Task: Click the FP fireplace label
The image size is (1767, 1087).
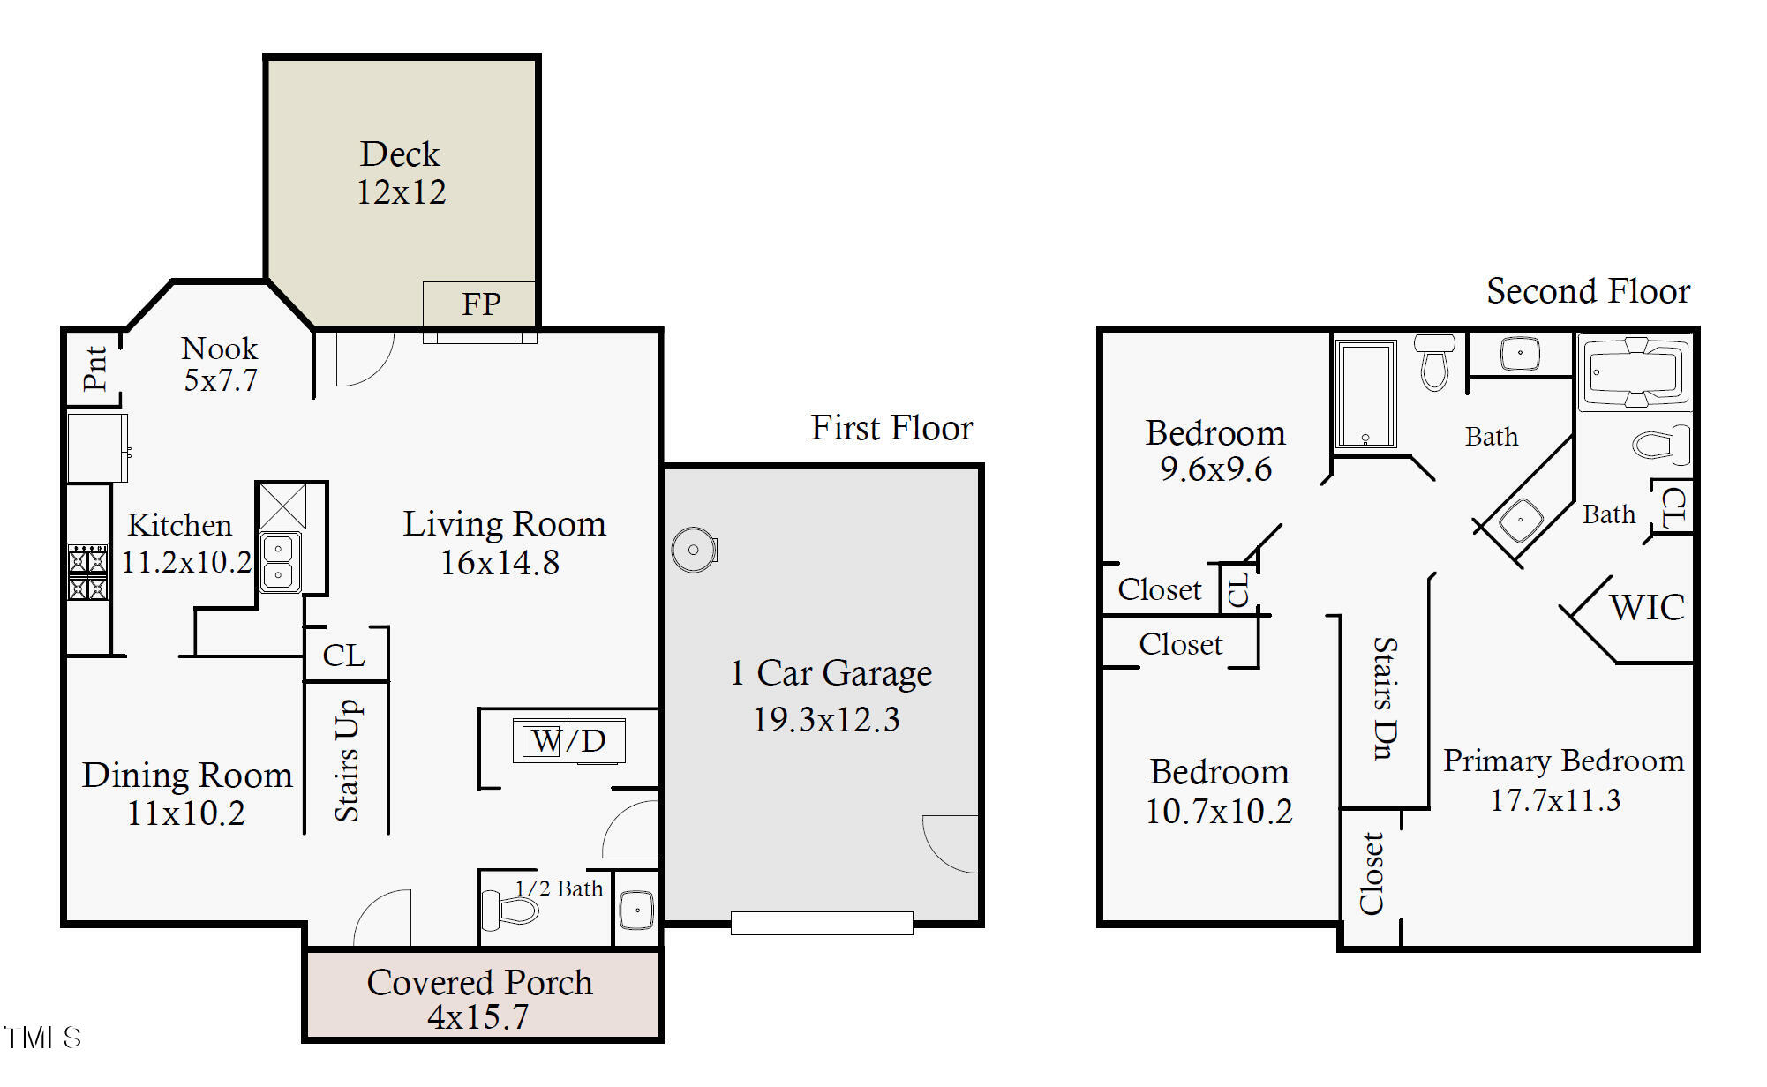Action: pyautogui.click(x=481, y=304)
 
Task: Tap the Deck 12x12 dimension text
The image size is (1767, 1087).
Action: pyautogui.click(x=402, y=192)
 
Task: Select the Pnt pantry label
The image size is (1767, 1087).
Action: pyautogui.click(x=94, y=368)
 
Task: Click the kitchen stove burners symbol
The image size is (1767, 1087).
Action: pyautogui.click(x=88, y=573)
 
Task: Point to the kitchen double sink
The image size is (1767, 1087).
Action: pyautogui.click(x=280, y=562)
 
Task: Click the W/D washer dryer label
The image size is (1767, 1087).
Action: pyautogui.click(x=569, y=741)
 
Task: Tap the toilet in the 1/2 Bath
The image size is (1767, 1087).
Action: pyautogui.click(x=509, y=910)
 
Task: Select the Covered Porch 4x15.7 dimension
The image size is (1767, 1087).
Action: pyautogui.click(x=478, y=1017)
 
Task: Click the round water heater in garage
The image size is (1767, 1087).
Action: pyautogui.click(x=694, y=550)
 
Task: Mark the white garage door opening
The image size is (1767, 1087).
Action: pyautogui.click(x=822, y=923)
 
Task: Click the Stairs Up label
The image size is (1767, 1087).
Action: pyautogui.click(x=347, y=761)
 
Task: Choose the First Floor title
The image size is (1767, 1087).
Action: pyautogui.click(x=891, y=428)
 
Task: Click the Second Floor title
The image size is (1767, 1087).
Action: pyautogui.click(x=1588, y=291)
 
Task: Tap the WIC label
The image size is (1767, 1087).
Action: pyautogui.click(x=1647, y=608)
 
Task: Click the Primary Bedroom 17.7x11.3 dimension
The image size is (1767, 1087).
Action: pyautogui.click(x=1555, y=800)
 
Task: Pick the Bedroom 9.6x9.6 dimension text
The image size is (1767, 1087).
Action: pyautogui.click(x=1215, y=469)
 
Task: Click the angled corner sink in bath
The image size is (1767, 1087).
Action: pyautogui.click(x=1520, y=520)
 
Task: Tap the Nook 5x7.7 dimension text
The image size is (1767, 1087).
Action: pyautogui.click(x=221, y=380)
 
